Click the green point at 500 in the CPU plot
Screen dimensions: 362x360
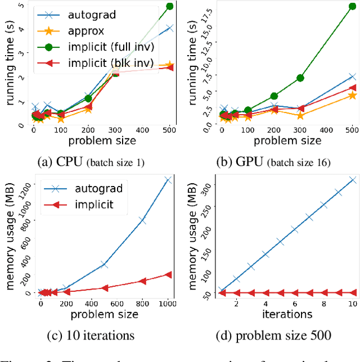click(x=169, y=6)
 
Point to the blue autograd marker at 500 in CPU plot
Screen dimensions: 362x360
click(x=169, y=28)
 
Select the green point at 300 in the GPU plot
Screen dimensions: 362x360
click(x=300, y=78)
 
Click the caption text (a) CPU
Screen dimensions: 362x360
click(x=91, y=163)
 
